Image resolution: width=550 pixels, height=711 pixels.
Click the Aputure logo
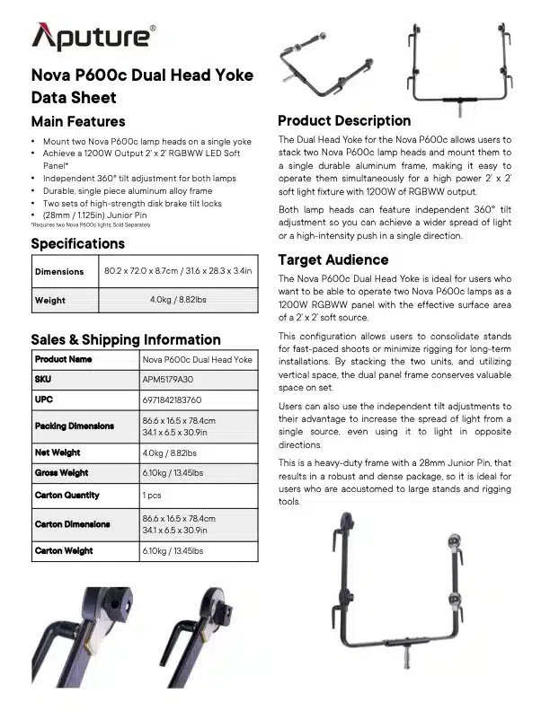(93, 36)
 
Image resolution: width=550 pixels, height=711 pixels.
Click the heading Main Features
(78, 121)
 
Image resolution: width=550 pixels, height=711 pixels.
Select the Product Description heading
(344, 120)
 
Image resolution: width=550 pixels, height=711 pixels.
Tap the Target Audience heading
(332, 259)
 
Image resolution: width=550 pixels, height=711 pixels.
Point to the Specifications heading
(78, 243)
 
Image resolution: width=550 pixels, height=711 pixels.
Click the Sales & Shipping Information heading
(126, 339)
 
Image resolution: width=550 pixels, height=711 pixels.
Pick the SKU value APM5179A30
(167, 379)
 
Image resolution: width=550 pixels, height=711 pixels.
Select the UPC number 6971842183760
(172, 399)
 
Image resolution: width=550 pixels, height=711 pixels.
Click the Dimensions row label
(59, 271)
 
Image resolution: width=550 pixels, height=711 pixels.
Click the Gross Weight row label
(62, 472)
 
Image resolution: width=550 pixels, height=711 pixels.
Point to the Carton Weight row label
(64, 550)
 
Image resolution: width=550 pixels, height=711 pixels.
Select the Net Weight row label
(58, 452)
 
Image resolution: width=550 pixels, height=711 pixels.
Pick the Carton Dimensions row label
(72, 523)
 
